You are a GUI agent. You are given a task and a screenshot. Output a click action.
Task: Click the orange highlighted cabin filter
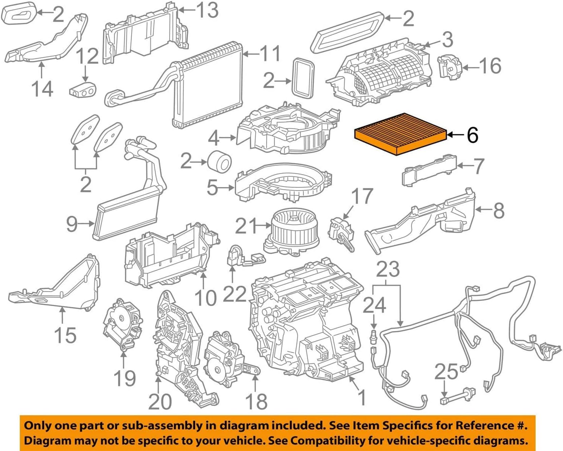[x=400, y=134]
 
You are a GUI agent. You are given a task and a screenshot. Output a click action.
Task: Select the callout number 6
[x=472, y=135]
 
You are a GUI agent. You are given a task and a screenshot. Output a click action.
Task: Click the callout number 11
[x=270, y=54]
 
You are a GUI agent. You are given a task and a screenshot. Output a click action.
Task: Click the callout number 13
[x=207, y=10]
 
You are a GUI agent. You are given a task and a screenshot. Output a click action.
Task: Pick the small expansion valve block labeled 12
[x=83, y=90]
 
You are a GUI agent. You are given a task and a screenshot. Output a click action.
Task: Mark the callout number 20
[x=160, y=401]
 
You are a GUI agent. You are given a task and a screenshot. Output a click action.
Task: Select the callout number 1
[x=363, y=397]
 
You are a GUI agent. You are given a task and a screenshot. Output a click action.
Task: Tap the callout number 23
[x=388, y=269]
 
